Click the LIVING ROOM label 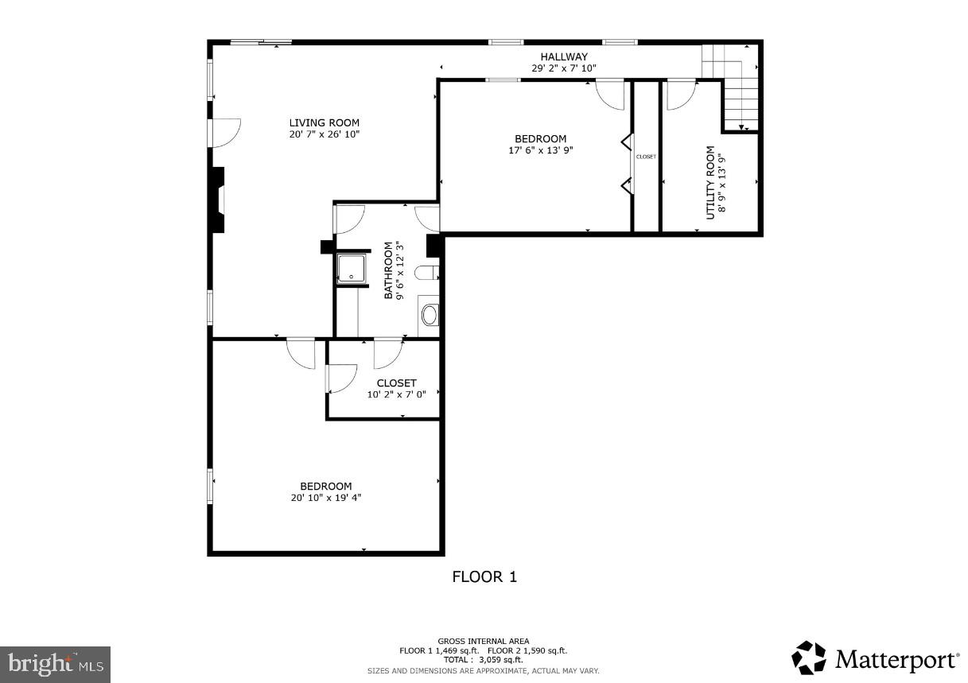[324, 122]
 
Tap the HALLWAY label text [564, 56]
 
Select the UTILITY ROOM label [710, 182]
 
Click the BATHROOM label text [389, 270]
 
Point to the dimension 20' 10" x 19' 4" [326, 499]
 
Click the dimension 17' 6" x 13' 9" [540, 150]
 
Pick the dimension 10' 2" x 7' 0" [396, 394]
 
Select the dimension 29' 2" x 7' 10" [564, 68]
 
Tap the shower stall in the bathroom [351, 269]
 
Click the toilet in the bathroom [426, 274]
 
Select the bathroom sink [429, 315]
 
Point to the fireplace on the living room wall [218, 200]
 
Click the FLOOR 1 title [484, 577]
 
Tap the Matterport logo [875, 659]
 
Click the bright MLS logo [55, 662]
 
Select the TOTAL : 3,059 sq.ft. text [483, 660]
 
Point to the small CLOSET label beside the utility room [646, 157]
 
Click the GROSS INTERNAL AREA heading [483, 641]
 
